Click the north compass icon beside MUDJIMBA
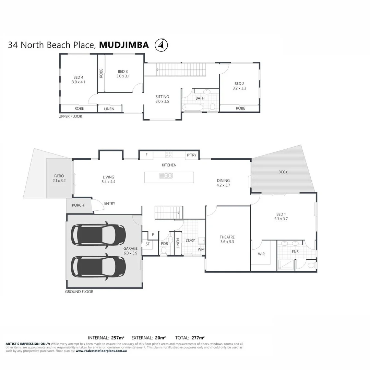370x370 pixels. [x=161, y=45]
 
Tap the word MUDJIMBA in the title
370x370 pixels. [x=124, y=45]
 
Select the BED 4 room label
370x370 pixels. [x=78, y=77]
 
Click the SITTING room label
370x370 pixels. [x=162, y=97]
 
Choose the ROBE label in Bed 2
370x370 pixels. [x=240, y=108]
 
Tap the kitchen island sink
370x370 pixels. [x=166, y=176]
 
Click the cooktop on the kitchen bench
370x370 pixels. [x=168, y=155]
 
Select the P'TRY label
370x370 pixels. [x=192, y=155]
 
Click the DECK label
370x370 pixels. [x=283, y=172]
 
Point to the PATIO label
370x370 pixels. [x=59, y=176]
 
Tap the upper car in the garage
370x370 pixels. [x=98, y=235]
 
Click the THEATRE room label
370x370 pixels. [x=227, y=237]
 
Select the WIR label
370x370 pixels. [x=261, y=254]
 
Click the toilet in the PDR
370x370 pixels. [x=164, y=250]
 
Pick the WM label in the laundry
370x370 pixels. [x=201, y=249]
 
